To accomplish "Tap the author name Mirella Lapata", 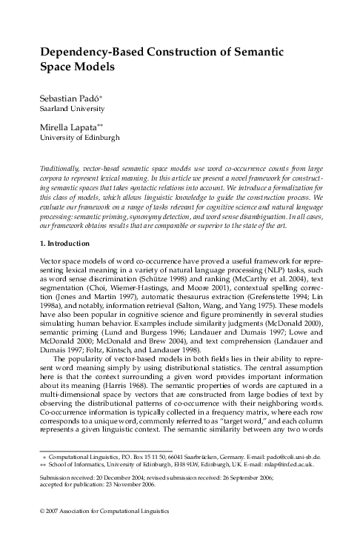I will pyautogui.click(x=64, y=127).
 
